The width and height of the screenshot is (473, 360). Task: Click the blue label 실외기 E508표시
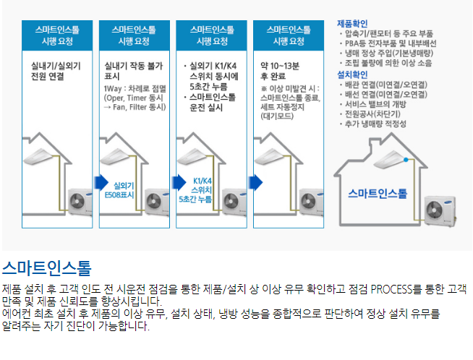pyautogui.click(x=119, y=190)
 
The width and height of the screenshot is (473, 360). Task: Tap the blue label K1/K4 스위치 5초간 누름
pyautogui.click(x=195, y=190)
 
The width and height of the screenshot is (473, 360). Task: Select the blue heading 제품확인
pyautogui.click(x=352, y=24)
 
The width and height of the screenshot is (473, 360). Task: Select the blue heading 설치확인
pyautogui.click(x=352, y=74)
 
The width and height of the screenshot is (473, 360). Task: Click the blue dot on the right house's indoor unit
pyautogui.click(x=406, y=160)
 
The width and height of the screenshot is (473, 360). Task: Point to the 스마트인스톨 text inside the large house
pyautogui.click(x=378, y=193)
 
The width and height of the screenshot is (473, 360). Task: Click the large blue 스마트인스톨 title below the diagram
pyautogui.click(x=47, y=267)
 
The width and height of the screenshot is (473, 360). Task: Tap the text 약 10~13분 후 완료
pyautogui.click(x=280, y=71)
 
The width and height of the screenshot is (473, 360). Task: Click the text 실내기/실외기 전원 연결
pyautogui.click(x=56, y=71)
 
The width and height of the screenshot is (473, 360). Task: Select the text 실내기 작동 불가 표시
pyautogui.click(x=133, y=71)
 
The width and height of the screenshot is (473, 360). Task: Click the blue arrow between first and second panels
pyautogui.click(x=101, y=182)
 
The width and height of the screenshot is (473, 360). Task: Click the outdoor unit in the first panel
pyautogui.click(x=80, y=202)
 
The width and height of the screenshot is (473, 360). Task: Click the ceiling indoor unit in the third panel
pyautogui.click(x=192, y=156)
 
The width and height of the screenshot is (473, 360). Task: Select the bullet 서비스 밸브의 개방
pyautogui.click(x=373, y=104)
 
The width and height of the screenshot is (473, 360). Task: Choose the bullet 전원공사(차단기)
pyautogui.click(x=370, y=114)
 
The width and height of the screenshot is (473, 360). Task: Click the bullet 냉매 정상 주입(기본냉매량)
pyautogui.click(x=386, y=53)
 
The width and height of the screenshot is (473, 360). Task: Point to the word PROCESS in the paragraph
pyautogui.click(x=391, y=289)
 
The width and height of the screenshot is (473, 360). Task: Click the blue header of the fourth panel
pyautogui.click(x=289, y=35)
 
